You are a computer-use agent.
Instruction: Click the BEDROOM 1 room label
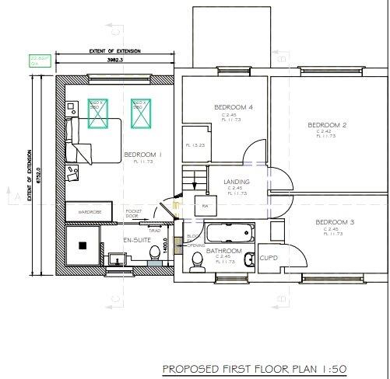click(142, 155)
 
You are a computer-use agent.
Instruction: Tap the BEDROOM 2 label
click(327, 125)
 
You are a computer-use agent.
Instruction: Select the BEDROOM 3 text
click(335, 223)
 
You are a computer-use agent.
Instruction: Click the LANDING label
click(236, 181)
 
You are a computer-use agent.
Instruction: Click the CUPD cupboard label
click(269, 257)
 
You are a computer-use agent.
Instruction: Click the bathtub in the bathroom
click(227, 232)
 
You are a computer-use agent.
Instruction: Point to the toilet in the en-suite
click(156, 251)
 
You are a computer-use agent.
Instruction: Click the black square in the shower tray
click(81, 245)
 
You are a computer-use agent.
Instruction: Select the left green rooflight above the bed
click(97, 113)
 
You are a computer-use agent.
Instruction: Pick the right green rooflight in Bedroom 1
click(139, 113)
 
